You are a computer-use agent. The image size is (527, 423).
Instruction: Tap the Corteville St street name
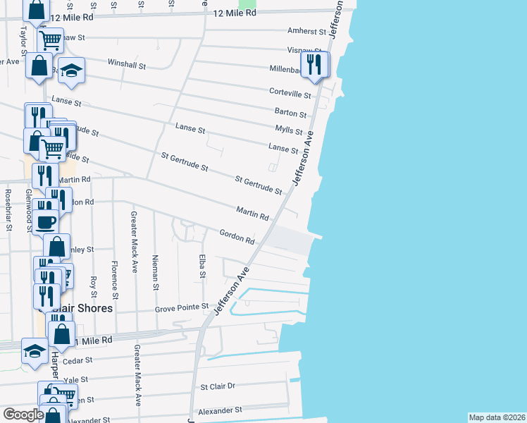pyautogui.click(x=291, y=94)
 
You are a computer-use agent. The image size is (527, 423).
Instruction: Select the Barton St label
pyautogui.click(x=290, y=113)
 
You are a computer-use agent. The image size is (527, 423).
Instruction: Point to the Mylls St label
pyautogui.click(x=289, y=131)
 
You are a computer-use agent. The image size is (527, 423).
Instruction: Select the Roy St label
pyautogui.click(x=93, y=286)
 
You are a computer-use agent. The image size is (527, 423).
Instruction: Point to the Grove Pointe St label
pyautogui.click(x=182, y=307)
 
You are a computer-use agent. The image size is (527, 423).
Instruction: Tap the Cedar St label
pyautogui.click(x=73, y=361)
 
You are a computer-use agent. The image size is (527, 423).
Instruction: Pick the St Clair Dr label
pyautogui.click(x=218, y=386)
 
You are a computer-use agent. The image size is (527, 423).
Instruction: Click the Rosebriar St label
pyautogui.click(x=8, y=210)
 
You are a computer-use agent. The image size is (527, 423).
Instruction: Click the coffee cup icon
pyautogui.click(x=46, y=221)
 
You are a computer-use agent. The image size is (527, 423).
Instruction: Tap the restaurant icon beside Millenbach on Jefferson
pyautogui.click(x=314, y=65)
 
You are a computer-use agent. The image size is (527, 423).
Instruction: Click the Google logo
pyautogui.click(x=23, y=415)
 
